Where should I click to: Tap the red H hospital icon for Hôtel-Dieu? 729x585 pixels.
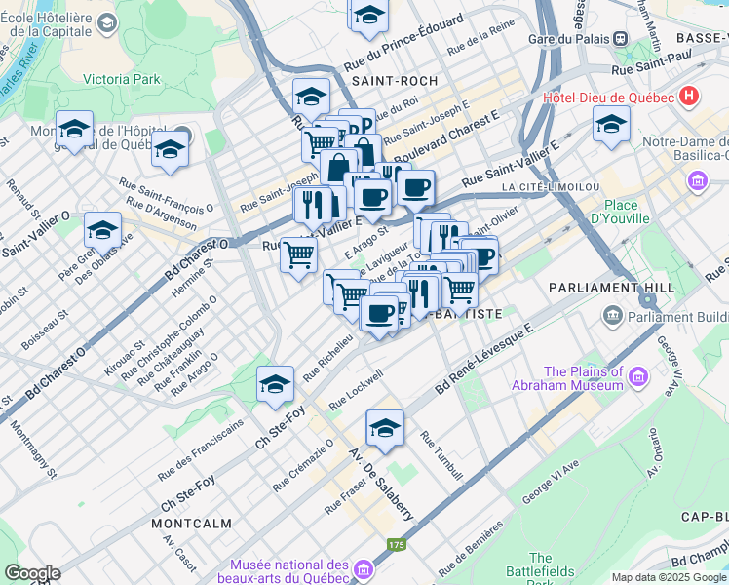pyautogui.click(x=690, y=97)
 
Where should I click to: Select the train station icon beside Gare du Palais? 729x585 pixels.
pyautogui.click(x=619, y=38)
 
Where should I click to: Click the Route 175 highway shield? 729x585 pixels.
pyautogui.click(x=396, y=545)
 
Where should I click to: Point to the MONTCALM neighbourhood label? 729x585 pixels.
pyautogui.click(x=192, y=524)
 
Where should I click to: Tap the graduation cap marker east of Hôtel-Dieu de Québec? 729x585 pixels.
pyautogui.click(x=611, y=124)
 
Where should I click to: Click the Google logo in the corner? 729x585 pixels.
pyautogui.click(x=32, y=573)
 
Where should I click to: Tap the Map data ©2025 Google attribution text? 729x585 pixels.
pyautogui.click(x=668, y=577)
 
